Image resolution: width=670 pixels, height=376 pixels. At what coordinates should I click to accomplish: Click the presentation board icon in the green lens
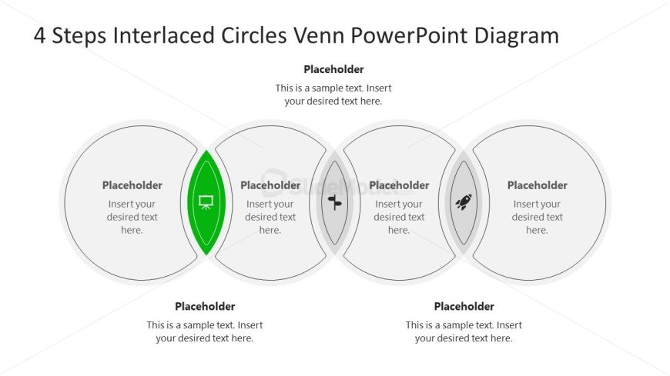pos(206,202)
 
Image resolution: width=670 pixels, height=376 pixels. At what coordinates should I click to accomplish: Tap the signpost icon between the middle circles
pos(334,202)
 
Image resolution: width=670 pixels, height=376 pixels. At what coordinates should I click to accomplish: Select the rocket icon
pos(463,202)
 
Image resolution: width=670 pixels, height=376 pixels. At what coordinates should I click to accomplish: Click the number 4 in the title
pos(40,35)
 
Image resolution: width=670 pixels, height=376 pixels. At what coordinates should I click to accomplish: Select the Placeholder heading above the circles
pos(333,69)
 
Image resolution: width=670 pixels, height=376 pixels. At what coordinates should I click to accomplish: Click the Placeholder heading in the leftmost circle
pos(132,185)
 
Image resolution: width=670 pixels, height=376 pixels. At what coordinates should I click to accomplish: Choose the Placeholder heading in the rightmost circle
pos(538,185)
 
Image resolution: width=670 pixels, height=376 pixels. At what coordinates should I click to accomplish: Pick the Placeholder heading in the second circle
pos(270,185)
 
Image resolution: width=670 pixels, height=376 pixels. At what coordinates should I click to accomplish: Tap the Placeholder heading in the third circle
pos(399,185)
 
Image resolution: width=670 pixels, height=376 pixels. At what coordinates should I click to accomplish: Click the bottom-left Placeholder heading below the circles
pos(205,306)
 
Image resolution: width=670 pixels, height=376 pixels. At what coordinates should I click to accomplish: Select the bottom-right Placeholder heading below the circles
pos(464,306)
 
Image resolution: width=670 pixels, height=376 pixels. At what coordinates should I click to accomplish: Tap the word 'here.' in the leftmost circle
pos(132,230)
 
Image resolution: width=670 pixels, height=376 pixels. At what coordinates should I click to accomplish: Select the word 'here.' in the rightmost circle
pos(537,230)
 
